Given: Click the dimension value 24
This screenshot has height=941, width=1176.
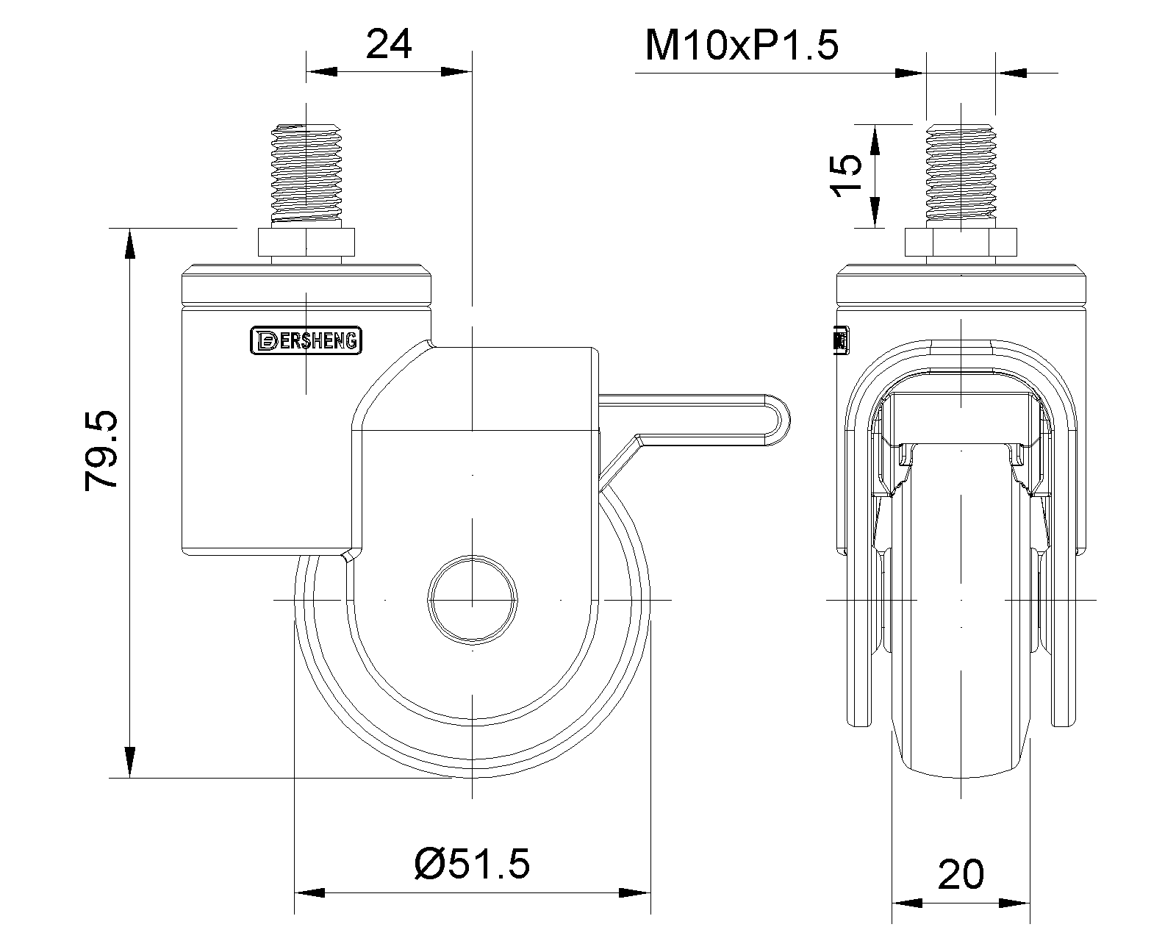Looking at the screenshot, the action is click(389, 44).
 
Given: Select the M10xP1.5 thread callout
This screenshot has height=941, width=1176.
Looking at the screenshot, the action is click(742, 46).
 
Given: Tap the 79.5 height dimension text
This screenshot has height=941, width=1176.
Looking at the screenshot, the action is click(101, 451).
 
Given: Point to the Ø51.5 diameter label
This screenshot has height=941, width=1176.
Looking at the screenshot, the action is click(472, 865).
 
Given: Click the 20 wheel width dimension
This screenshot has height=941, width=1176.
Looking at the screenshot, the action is click(961, 875).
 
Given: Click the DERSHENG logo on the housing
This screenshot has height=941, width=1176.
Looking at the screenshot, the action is click(306, 340).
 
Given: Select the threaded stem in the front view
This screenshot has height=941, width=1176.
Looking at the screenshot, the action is click(961, 173).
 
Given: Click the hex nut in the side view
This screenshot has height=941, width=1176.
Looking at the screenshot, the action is click(306, 242).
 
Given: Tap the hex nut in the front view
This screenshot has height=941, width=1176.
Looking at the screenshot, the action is click(961, 242).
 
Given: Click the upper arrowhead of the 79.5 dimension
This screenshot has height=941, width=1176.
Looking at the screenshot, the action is click(129, 243).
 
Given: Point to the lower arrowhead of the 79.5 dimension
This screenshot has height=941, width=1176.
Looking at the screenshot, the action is click(129, 762).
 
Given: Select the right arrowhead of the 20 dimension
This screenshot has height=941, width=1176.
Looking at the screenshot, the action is click(1014, 904).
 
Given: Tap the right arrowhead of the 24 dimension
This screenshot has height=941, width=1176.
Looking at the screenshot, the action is click(456, 71).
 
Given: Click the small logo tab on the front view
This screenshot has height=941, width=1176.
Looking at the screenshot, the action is click(840, 340).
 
